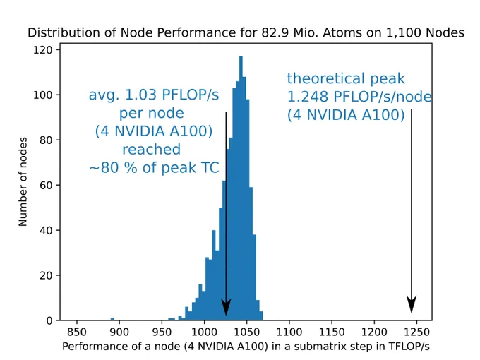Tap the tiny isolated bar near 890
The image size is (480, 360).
tap(112, 319)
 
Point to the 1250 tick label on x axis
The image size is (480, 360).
tap(416, 332)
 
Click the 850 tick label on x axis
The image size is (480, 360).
tap(76, 332)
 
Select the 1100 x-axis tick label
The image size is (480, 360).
tap(289, 332)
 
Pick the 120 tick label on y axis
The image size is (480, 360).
tap(42, 49)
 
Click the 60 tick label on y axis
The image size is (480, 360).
tap(46, 185)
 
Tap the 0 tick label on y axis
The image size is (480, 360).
tap(49, 320)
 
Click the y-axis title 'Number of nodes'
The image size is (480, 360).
tap(23, 182)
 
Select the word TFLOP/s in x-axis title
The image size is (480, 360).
tap(409, 346)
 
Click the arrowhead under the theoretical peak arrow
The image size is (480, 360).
tap(412, 305)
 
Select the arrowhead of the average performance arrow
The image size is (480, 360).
tap(226, 307)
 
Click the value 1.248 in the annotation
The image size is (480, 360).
tap(307, 97)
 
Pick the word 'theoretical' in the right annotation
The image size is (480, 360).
tap(326, 78)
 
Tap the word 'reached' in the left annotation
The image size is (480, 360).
tap(152, 150)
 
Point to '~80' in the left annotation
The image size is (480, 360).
tap(104, 168)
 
